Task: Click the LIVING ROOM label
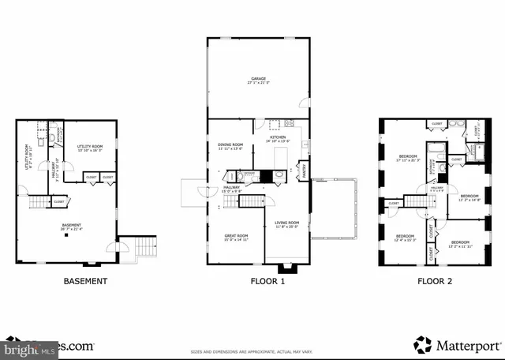(287, 224)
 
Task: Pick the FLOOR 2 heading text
(436, 281)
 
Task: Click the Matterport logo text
(451, 345)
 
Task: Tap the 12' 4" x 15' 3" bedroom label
(405, 238)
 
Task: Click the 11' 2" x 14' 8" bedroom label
(469, 197)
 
